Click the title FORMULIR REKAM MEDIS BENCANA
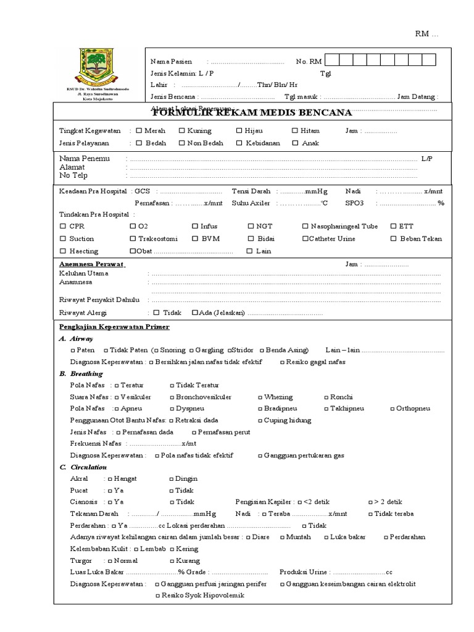coord(252,112)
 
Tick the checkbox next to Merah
coord(139,131)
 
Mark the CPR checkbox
coord(62,227)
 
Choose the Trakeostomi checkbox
coord(133,239)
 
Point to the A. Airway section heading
coord(76,339)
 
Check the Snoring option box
coord(154,350)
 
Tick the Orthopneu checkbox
coord(392,409)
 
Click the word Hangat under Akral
coord(125,478)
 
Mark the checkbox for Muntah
coord(282,537)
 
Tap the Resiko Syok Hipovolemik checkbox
coord(157,596)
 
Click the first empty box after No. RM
coord(331,61)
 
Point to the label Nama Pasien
coord(171,62)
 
